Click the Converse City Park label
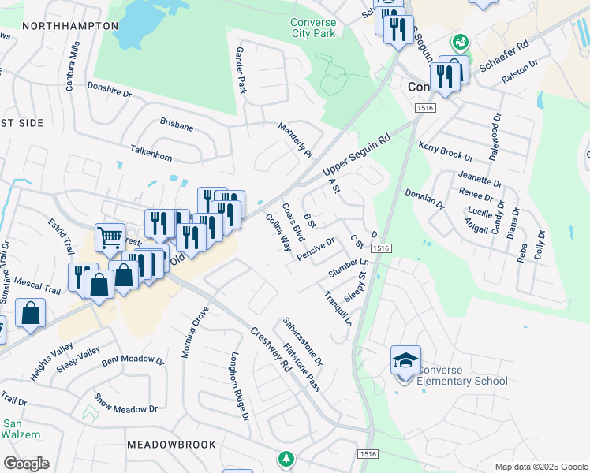coord(312,28)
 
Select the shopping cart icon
coord(110,236)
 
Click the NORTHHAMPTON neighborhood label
coord(70,26)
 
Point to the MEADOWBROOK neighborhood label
coord(171,445)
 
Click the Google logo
coord(26,464)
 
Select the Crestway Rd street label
coord(270,351)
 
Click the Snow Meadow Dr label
coord(126,404)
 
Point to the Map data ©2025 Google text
coord(541,466)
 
